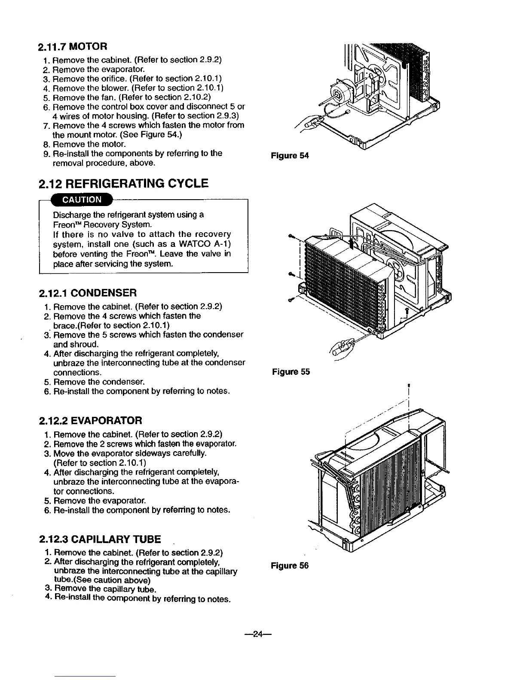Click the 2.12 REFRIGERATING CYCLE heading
(123, 184)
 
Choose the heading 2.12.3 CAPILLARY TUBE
(100, 539)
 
